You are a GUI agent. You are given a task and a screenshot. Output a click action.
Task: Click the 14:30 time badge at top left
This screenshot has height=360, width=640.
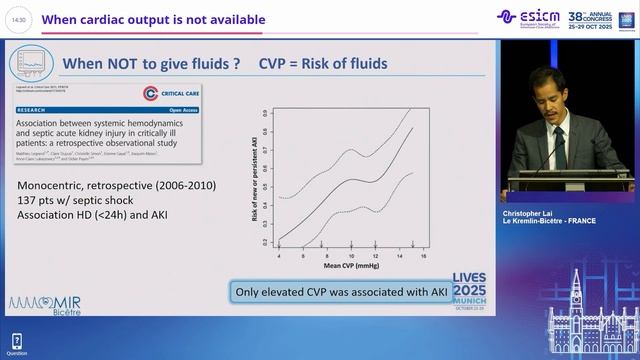[x=20, y=19]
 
